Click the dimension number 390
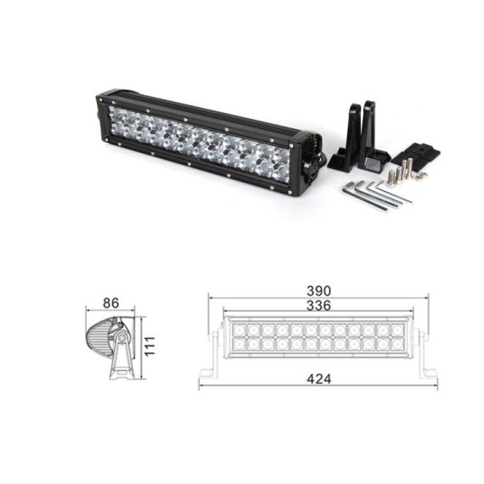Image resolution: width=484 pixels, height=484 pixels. coord(318,291)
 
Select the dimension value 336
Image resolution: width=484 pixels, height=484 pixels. coord(318,306)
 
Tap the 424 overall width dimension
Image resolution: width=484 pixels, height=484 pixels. coord(319,379)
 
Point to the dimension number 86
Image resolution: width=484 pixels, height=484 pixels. coord(111,303)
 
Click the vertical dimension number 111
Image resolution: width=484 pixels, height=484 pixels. coord(150,346)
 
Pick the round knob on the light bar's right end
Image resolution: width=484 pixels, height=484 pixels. coord(310,170)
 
